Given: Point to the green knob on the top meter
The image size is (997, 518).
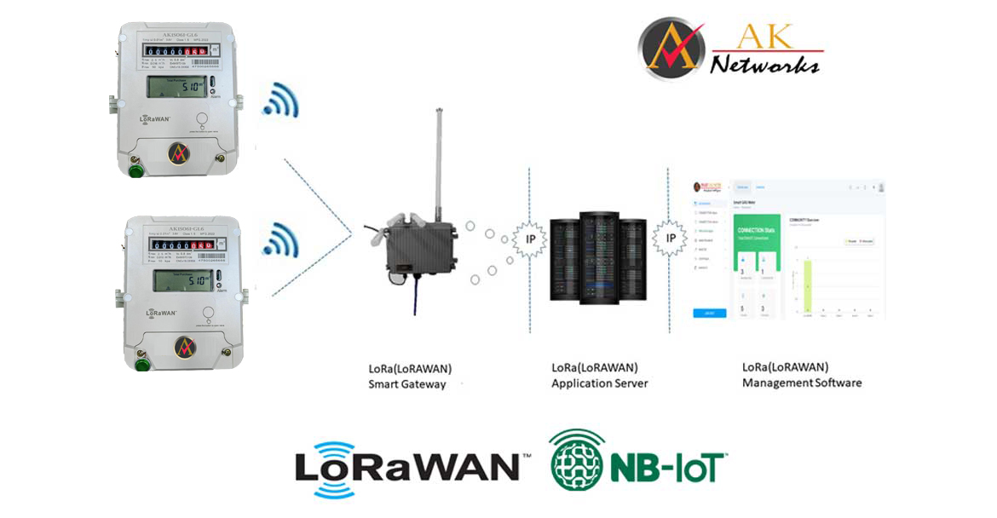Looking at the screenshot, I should [x=135, y=170].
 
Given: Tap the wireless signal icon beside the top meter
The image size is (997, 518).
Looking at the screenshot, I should [x=280, y=101].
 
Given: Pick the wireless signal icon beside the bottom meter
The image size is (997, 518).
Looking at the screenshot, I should [x=280, y=240].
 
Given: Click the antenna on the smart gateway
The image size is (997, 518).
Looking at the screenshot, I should [x=439, y=162].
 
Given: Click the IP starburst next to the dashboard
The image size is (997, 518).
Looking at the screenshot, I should [x=670, y=238].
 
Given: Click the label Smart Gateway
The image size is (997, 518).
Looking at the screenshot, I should [x=407, y=384].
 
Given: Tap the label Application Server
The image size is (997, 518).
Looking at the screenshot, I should [x=600, y=383].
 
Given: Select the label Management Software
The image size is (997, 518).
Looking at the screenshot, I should [x=802, y=383].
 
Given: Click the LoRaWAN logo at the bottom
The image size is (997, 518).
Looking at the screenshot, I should [x=407, y=468].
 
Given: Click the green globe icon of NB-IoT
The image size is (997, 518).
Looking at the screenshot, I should [x=577, y=459].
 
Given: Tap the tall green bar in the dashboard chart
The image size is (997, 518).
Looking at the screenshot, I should [x=807, y=285].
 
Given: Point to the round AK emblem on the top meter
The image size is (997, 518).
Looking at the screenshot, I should [x=179, y=153].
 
